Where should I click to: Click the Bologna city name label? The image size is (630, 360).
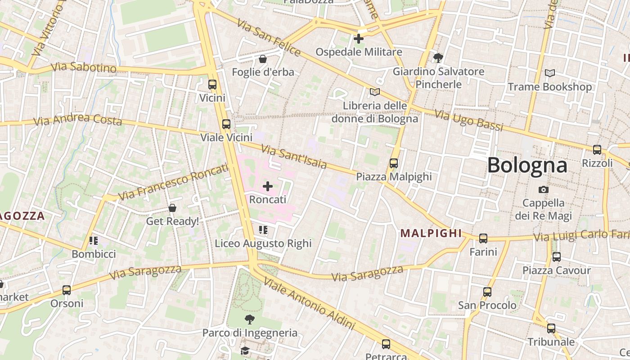click(527, 165)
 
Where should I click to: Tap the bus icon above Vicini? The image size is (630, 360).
click(212, 85)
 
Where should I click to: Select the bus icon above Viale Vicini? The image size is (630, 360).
click(226, 124)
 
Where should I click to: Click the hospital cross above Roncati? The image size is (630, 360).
click(268, 186)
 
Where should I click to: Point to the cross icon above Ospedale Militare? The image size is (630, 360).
click(359, 39)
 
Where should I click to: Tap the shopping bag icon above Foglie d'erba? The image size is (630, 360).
click(263, 59)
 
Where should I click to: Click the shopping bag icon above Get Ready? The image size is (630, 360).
click(172, 208)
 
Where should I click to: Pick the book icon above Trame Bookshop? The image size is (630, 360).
click(549, 73)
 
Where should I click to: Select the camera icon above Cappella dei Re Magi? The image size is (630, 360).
click(544, 189)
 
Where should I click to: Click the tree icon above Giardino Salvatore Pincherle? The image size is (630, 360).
click(438, 58)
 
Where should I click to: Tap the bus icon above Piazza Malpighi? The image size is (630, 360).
click(394, 163)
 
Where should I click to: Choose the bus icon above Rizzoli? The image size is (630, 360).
click(597, 150)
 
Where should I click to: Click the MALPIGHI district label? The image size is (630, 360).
click(431, 233)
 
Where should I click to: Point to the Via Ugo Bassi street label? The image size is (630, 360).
click(468, 120)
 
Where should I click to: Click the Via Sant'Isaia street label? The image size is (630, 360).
click(294, 156)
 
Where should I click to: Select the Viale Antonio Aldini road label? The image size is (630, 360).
click(309, 303)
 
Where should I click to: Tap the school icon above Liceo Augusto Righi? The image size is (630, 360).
click(263, 230)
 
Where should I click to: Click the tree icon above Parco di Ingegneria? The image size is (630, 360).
click(249, 319)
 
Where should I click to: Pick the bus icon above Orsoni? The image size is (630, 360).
click(67, 290)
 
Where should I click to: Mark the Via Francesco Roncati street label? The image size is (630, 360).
click(173, 182)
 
